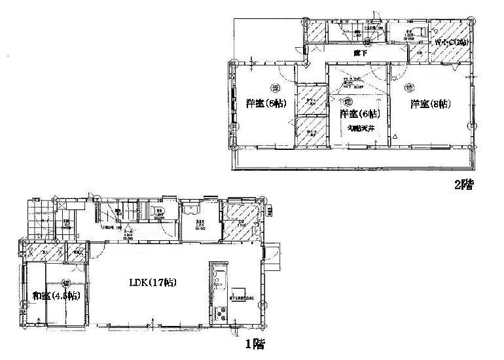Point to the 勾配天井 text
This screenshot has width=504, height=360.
(x=361, y=128)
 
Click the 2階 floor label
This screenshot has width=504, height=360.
(x=463, y=185)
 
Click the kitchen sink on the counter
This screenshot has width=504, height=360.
(x=218, y=279)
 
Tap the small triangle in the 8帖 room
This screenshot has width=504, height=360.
(x=395, y=137)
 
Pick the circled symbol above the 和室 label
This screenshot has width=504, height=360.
(x=65, y=283)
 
